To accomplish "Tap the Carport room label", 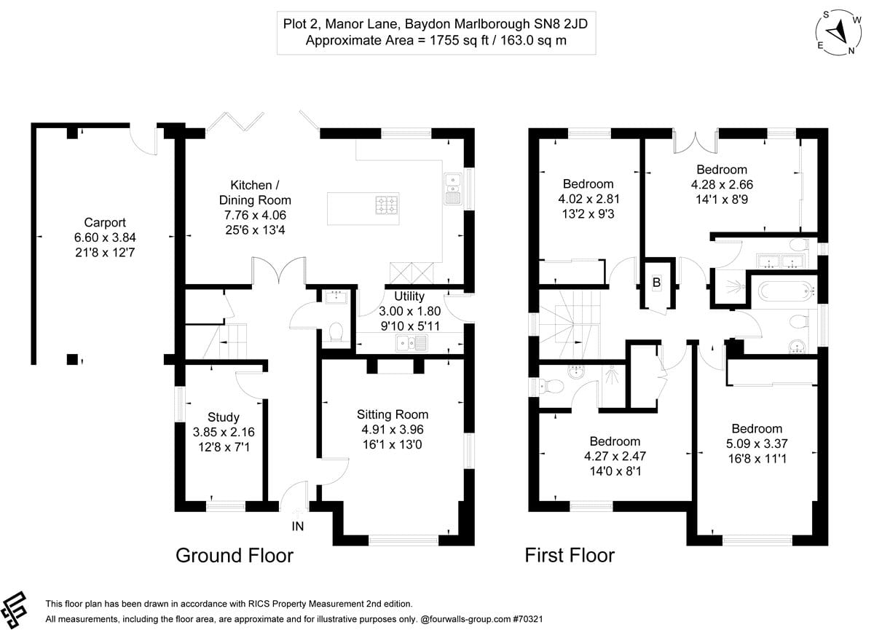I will pyautogui.click(x=104, y=223).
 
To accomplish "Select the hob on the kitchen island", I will pyautogui.click(x=386, y=205).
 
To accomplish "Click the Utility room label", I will pyautogui.click(x=408, y=296).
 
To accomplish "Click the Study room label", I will pyautogui.click(x=223, y=417).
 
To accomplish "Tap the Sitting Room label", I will pyautogui.click(x=392, y=414).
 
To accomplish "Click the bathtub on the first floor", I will pyautogui.click(x=786, y=292).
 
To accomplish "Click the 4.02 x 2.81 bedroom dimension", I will pyautogui.click(x=588, y=198).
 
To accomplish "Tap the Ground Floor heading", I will pyautogui.click(x=235, y=556).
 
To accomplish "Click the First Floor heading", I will pyautogui.click(x=570, y=556).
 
